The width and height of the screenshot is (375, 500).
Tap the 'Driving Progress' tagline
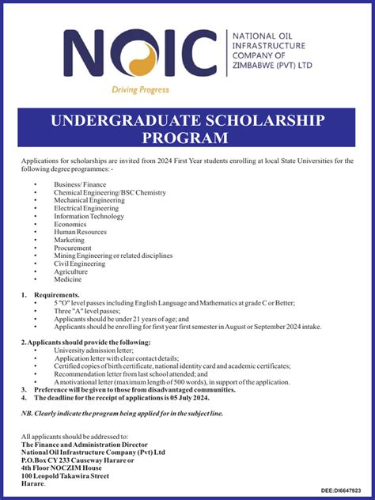[x=140, y=90]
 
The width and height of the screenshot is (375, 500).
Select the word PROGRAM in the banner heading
[x=187, y=138]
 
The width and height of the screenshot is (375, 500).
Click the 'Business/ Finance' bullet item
[x=79, y=184]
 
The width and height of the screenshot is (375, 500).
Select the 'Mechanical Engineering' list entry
[x=89, y=200]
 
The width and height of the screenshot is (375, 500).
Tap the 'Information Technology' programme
[x=89, y=216]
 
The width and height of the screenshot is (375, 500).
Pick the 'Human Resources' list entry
[x=81, y=232]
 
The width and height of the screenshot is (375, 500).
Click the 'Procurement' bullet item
[x=73, y=248]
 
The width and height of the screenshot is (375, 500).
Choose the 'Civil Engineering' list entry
[x=79, y=263]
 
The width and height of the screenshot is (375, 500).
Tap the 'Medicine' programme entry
[x=67, y=279]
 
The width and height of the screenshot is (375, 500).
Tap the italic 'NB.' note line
[x=123, y=413]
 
